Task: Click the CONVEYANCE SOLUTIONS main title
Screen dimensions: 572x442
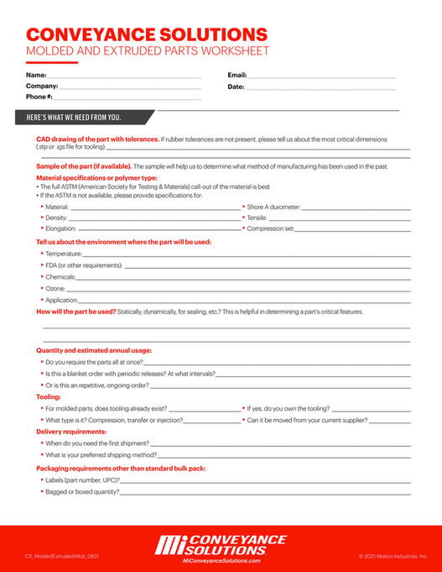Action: [147, 34]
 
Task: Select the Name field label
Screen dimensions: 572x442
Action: [36, 76]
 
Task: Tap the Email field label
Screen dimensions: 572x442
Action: [237, 76]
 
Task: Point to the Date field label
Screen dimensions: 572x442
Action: [236, 87]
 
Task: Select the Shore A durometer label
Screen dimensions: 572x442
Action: [273, 206]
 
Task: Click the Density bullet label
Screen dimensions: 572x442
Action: [55, 217]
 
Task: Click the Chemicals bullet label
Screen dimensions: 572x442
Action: [60, 276]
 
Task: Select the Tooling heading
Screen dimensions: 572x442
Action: [49, 396]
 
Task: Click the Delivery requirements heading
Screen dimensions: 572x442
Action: [71, 431]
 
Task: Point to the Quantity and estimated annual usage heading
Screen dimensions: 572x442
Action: [94, 350]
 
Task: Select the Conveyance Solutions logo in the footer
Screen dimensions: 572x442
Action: [221, 543]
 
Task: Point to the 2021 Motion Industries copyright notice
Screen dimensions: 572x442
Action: [393, 556]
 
